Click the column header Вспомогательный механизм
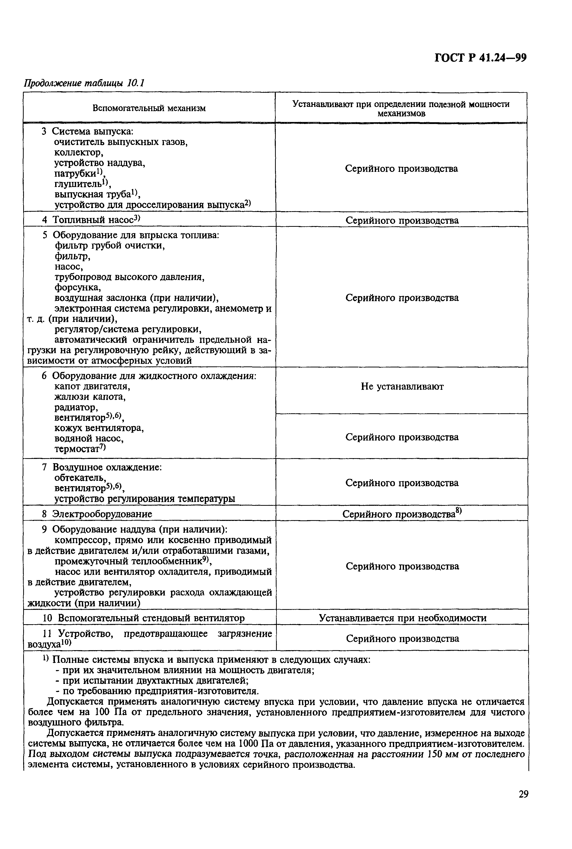point(149,108)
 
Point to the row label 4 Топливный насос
point(95,220)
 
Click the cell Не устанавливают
point(402,387)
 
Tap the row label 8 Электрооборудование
point(102,514)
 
